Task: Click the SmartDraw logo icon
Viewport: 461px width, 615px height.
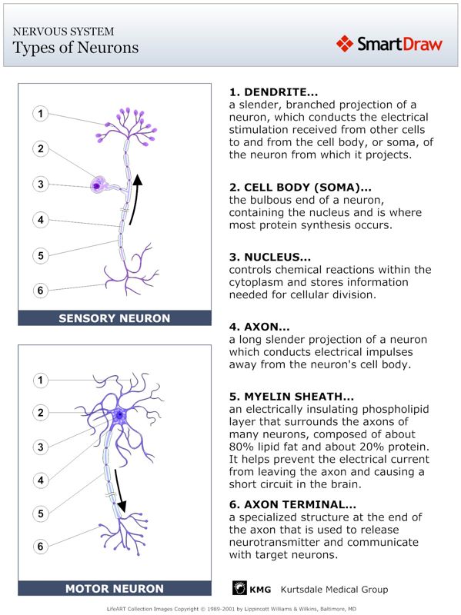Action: [345, 44]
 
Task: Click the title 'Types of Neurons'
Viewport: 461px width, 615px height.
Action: [76, 48]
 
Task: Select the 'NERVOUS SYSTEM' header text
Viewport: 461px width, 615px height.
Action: [64, 32]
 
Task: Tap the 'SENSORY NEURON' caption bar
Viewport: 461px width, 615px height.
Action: [115, 317]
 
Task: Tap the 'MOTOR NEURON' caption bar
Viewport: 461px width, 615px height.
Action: [115, 589]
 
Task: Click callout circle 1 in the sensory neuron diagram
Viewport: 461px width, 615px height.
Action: [41, 114]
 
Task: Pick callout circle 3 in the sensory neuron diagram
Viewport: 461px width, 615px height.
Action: [41, 184]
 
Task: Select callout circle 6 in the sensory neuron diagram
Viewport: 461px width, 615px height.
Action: [41, 290]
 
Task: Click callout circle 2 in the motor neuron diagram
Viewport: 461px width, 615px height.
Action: [41, 413]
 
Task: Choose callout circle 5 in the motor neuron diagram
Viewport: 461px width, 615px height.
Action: [41, 513]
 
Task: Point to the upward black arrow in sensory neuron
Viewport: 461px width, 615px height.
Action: [135, 200]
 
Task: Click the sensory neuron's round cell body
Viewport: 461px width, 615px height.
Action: [98, 184]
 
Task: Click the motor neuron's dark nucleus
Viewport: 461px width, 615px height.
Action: [119, 415]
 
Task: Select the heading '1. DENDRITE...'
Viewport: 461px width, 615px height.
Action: [273, 92]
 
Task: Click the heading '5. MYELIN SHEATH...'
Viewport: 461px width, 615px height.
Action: [292, 397]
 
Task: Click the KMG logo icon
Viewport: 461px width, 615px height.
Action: [239, 589]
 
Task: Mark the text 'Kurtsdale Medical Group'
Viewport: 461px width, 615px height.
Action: [334, 590]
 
